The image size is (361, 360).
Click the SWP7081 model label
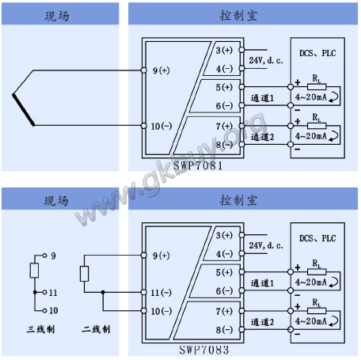tap(198, 165)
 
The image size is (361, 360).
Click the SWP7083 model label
tap(204, 350)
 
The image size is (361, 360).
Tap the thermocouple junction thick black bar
tap(23, 110)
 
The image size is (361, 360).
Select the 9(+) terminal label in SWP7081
tap(161, 70)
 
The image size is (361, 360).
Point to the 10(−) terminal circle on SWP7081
tap(144, 126)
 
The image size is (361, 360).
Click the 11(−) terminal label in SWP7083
tap(161, 293)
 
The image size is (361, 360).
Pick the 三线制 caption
tap(40, 329)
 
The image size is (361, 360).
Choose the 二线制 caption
tap(96, 329)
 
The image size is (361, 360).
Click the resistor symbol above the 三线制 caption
tap(34, 271)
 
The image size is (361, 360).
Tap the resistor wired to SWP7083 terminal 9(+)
tap(84, 274)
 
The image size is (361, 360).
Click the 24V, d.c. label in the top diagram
tap(266, 60)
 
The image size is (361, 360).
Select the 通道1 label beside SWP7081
tap(262, 98)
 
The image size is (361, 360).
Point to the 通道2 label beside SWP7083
tap(262, 322)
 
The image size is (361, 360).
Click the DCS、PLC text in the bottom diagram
tap(317, 238)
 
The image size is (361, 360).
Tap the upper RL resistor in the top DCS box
tap(317, 87)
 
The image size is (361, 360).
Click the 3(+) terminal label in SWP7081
tap(224, 50)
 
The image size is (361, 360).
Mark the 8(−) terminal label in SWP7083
tap(224, 330)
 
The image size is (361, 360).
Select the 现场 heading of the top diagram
tap(57, 16)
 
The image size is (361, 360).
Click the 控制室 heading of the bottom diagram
tap(238, 200)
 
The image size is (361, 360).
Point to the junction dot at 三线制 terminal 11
tap(35, 292)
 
